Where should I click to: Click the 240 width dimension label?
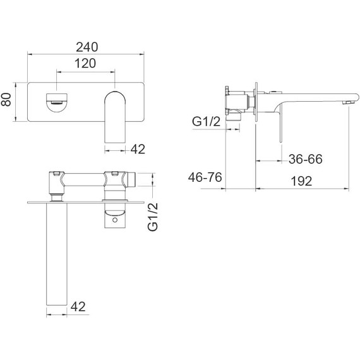(87, 47)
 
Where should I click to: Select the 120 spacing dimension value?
(85, 63)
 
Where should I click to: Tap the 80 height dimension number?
(6, 99)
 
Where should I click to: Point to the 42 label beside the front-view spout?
(138, 149)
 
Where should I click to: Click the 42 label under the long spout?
(78, 306)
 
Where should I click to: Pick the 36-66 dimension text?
(305, 159)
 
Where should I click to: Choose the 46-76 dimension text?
(205, 177)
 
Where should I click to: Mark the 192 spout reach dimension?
(301, 181)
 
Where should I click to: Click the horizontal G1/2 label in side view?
(206, 121)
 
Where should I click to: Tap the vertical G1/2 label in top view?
(153, 217)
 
